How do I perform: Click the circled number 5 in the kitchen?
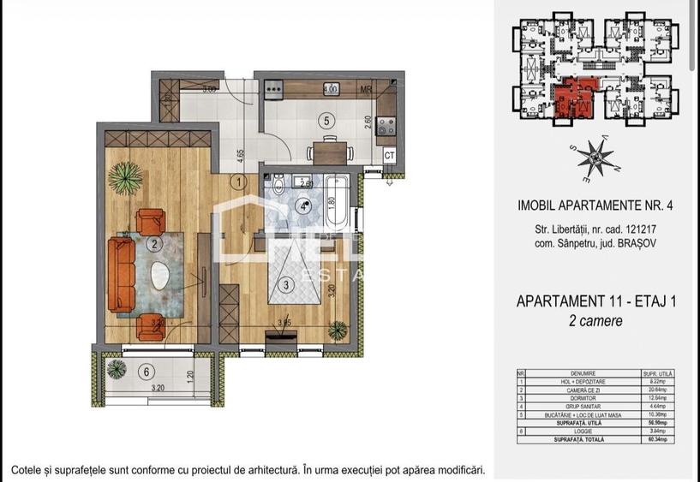pos(325,121)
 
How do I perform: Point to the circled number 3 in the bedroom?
pos(288,284)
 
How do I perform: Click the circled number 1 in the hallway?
pos(240,181)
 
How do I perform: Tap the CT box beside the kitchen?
pos(388,155)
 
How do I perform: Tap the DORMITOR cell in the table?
pos(582,396)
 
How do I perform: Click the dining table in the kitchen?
pos(330,152)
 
